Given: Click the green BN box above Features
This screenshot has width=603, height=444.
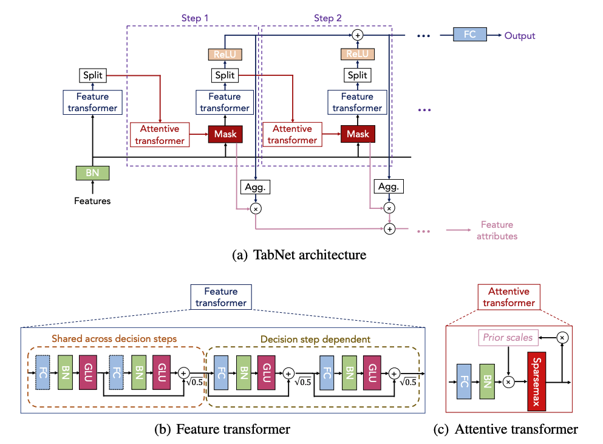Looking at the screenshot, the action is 92,172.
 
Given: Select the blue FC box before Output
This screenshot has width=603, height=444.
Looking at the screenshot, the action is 469,34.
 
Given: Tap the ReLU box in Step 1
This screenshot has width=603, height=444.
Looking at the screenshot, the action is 225,54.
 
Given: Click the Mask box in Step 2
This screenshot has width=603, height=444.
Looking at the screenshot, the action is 358,134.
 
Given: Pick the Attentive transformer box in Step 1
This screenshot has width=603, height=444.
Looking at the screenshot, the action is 160,135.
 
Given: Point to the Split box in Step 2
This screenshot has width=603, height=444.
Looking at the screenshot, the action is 357,75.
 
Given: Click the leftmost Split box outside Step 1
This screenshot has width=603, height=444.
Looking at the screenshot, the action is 93,75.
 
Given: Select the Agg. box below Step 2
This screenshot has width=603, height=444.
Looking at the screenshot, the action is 389,186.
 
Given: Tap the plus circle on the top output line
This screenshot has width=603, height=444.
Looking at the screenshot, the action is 358,35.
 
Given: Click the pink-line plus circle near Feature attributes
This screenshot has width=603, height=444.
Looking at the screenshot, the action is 390,229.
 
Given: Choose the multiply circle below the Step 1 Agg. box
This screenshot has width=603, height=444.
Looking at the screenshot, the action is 256,208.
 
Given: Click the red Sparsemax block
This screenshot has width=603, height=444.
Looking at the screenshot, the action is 536,381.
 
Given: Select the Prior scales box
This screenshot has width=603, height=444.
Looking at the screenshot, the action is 508,338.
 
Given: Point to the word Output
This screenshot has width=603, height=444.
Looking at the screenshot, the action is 520,36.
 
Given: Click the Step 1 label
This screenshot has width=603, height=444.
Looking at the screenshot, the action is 194,18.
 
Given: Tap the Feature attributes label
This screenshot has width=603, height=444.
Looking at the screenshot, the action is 497,230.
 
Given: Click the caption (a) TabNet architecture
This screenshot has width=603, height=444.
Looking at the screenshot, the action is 299,254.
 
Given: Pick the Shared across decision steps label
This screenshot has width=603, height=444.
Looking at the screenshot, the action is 114,338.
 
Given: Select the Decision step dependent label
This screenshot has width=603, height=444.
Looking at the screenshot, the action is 315,340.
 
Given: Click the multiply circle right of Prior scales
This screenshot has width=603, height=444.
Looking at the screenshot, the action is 562,338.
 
